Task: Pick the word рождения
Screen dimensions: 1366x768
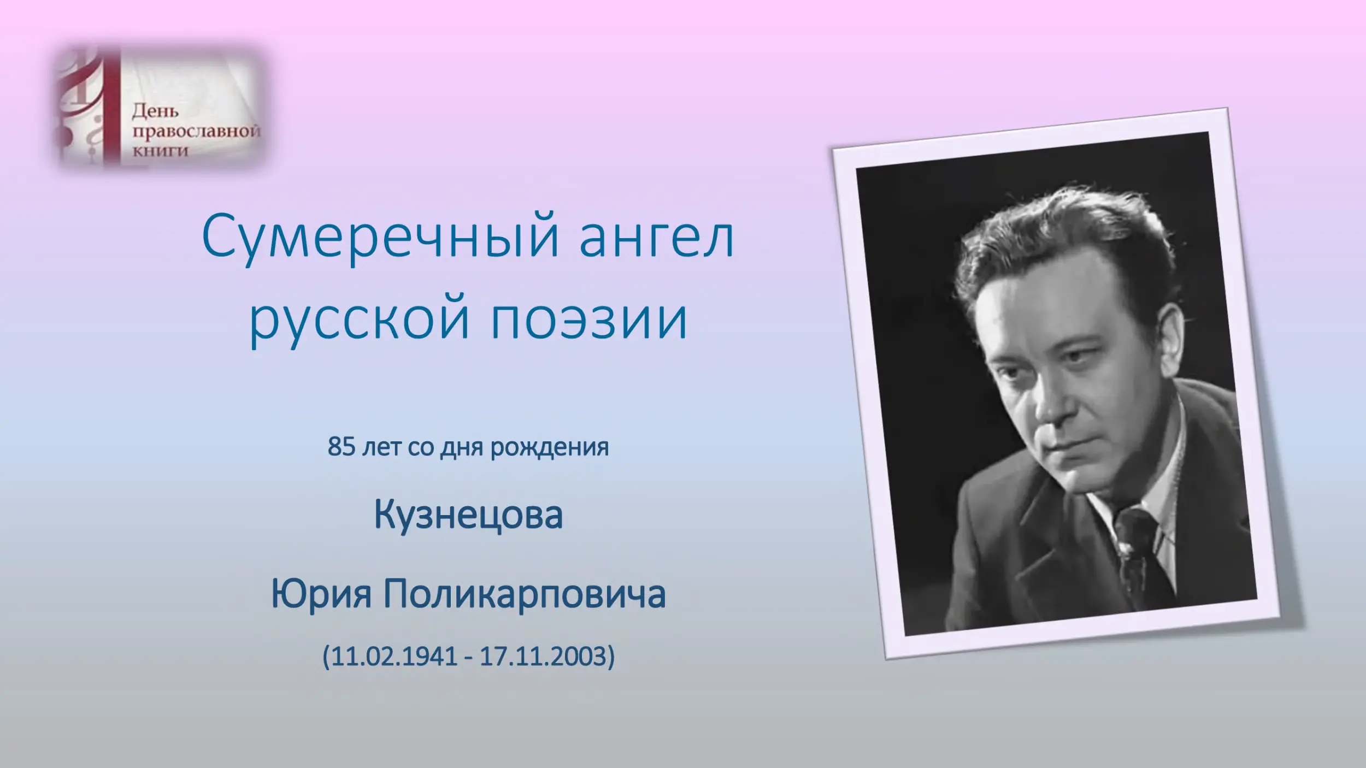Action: coord(549,448)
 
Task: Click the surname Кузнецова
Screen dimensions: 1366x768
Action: coord(468,516)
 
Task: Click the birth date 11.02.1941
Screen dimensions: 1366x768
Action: coord(394,655)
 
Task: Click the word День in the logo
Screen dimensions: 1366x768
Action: coord(156,112)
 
